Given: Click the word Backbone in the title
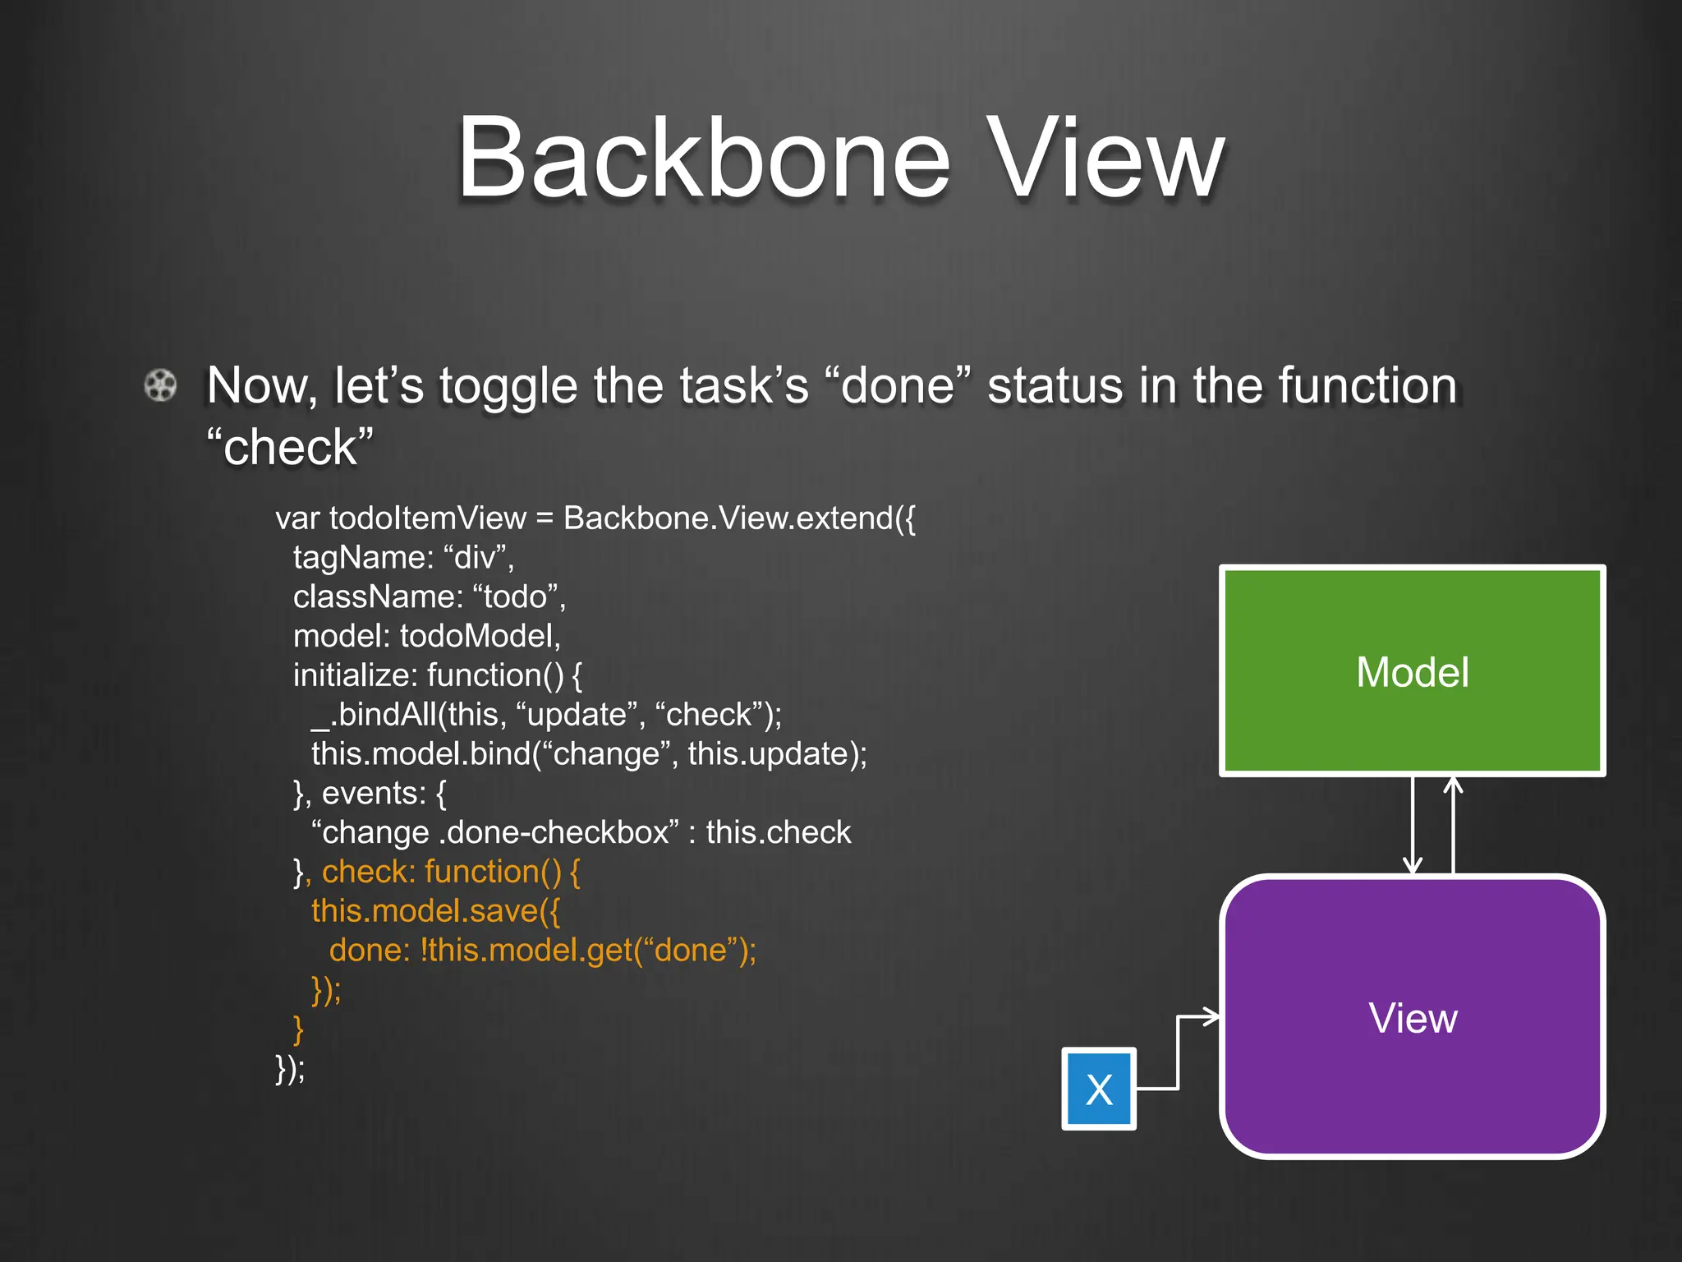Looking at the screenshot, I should click(x=703, y=158).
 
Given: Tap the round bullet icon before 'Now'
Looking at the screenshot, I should click(x=160, y=385).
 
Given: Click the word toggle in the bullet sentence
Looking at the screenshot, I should click(x=508, y=386).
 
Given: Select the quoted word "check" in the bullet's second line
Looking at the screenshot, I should click(x=290, y=447).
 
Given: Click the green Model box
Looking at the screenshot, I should click(x=1412, y=671).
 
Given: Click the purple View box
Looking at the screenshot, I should click(x=1412, y=1017).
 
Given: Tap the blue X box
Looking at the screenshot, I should click(x=1099, y=1089).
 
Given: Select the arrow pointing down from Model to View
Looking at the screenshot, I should click(x=1413, y=826).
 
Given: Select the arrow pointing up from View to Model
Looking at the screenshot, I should click(x=1453, y=826).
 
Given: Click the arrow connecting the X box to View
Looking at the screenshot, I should click(x=1179, y=1052).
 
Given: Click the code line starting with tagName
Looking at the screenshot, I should click(x=403, y=557).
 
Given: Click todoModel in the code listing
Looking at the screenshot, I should click(x=480, y=636).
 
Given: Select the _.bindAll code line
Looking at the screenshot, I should click(x=546, y=715).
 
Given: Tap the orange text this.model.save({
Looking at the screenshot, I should click(x=435, y=911).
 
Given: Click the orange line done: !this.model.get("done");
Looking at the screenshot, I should click(x=542, y=951).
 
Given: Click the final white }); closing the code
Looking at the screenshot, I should click(x=290, y=1069).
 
